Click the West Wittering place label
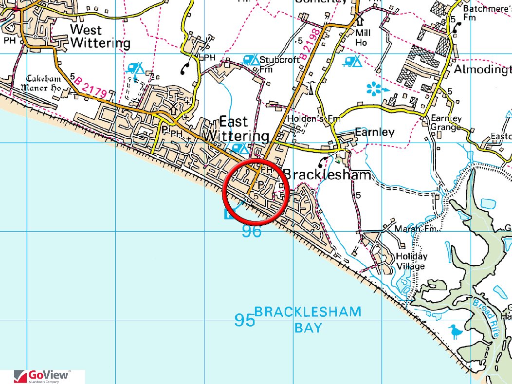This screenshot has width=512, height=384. click(100, 37)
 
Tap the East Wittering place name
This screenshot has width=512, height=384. click(237, 128)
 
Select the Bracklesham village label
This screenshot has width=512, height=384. click(327, 175)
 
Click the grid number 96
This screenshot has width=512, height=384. click(252, 232)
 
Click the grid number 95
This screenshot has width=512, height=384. click(244, 320)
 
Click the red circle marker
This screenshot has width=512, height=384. click(256, 192)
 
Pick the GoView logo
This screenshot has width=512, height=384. click(42, 376)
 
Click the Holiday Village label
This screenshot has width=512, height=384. click(411, 261)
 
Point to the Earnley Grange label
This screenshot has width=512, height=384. click(445, 123)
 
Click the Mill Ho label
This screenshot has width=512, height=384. click(363, 37)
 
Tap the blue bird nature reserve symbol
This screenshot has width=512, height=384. click(456, 332)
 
